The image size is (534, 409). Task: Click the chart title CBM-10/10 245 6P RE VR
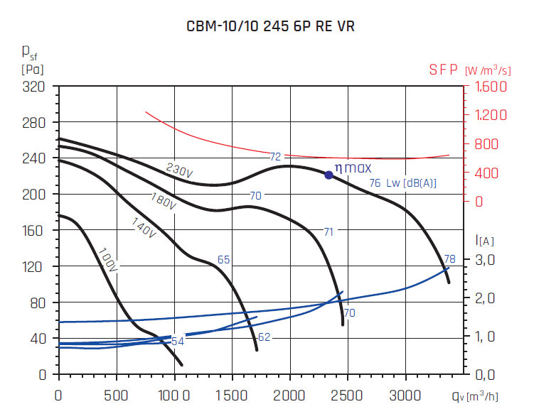[269, 26]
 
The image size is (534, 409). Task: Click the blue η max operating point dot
[329, 175]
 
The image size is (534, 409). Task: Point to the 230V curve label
[179, 170]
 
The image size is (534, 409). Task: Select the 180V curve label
[163, 201]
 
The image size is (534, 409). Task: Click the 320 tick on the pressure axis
[35, 87]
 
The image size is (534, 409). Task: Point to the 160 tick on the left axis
[35, 230]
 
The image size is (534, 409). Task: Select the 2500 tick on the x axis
[348, 393]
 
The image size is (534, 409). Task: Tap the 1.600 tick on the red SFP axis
[487, 87]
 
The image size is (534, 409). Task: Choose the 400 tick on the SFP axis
[482, 173]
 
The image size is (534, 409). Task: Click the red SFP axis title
[469, 70]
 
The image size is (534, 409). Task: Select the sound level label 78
[449, 259]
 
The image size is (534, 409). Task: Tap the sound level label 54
[178, 342]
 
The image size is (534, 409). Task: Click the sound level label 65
[223, 260]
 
